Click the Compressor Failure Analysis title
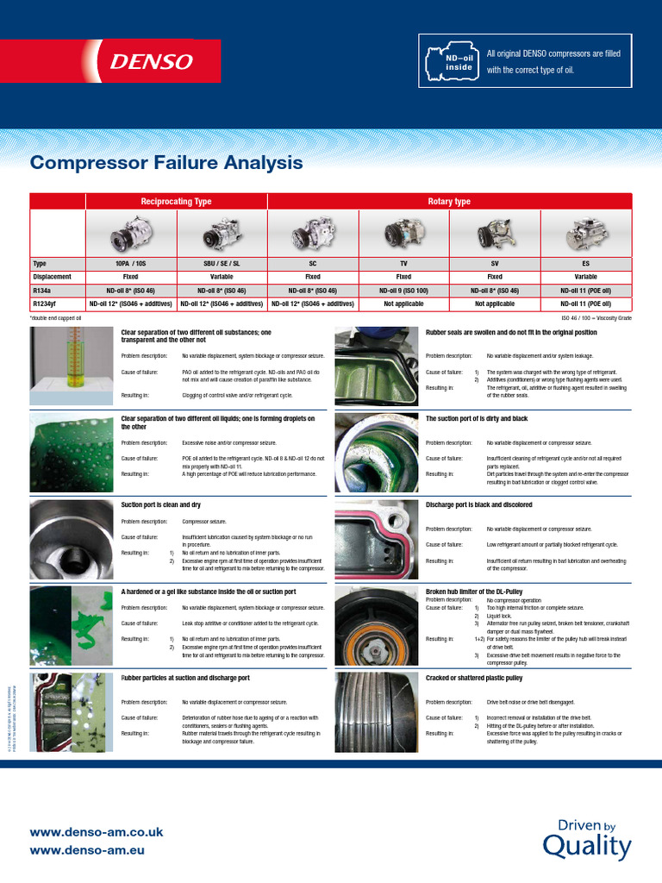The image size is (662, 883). [166, 162]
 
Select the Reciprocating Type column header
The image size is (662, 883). [176, 202]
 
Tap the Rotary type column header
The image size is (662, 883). [449, 202]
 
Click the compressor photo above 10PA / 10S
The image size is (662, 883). [130, 234]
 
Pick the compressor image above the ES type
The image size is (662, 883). [586, 234]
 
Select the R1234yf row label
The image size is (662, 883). [45, 304]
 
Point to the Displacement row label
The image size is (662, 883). [52, 277]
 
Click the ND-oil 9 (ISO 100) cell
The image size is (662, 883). [403, 291]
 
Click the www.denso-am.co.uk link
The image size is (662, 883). [97, 833]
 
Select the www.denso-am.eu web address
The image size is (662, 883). [87, 850]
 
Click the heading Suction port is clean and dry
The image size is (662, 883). [161, 504]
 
